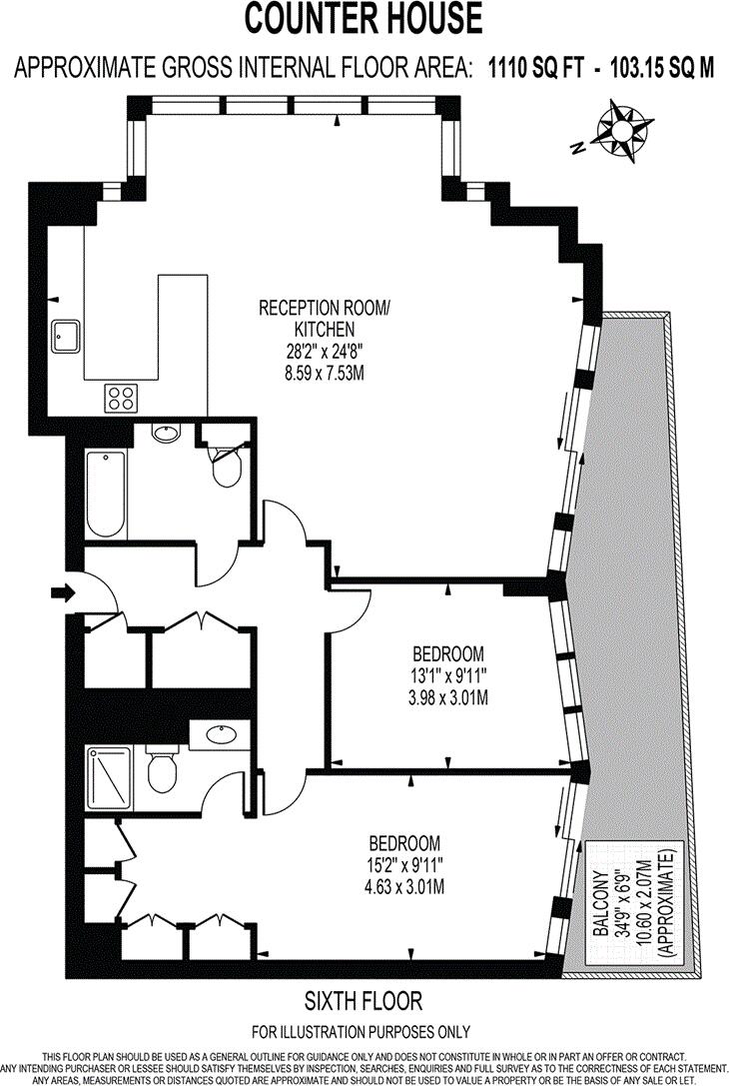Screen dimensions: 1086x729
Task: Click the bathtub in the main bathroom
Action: click(106, 495)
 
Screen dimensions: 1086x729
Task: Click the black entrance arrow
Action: click(62, 593)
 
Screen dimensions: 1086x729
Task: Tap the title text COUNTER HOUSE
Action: click(364, 18)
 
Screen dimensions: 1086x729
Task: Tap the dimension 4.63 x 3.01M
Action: click(404, 886)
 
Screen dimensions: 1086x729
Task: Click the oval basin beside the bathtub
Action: click(166, 434)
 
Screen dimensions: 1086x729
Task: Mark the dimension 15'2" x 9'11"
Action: click(404, 864)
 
